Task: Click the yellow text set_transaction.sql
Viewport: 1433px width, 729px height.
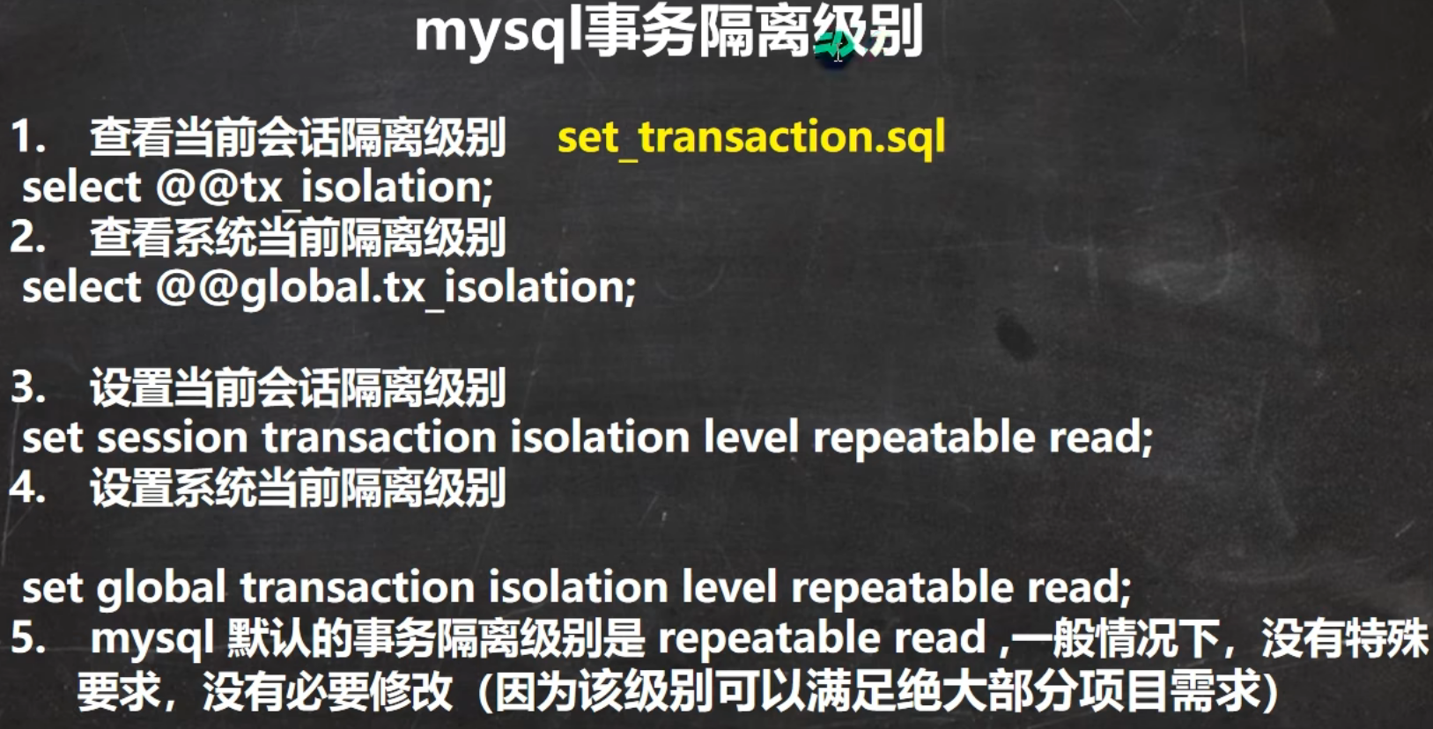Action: [x=751, y=137]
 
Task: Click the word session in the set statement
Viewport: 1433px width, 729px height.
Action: [x=172, y=438]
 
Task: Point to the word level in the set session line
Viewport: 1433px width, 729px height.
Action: [x=751, y=438]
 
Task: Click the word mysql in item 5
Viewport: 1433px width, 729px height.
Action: [x=151, y=640]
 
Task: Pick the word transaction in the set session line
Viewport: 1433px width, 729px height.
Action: [x=380, y=438]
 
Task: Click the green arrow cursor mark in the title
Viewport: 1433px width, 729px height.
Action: [x=833, y=45]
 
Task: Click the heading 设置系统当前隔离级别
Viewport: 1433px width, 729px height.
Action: [x=298, y=488]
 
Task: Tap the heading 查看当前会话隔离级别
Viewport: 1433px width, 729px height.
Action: [x=298, y=137]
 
